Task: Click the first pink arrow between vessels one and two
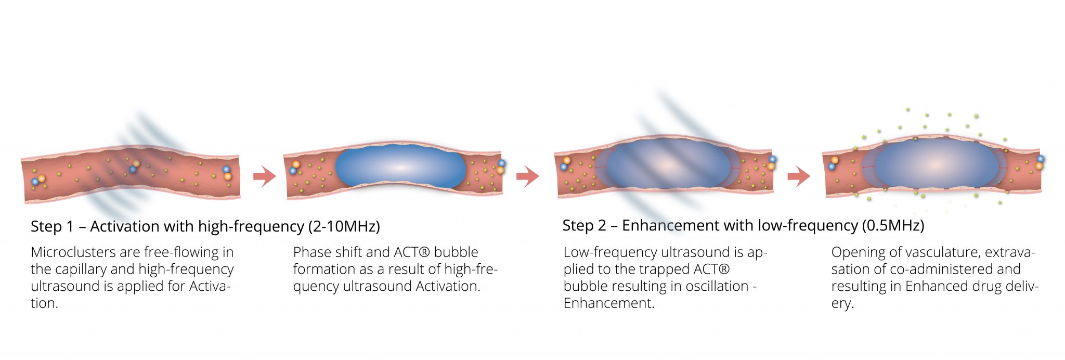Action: pos(264,176)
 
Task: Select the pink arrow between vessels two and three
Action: pos(527,176)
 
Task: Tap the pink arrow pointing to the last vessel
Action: pos(799,176)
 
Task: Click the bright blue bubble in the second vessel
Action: pos(400,167)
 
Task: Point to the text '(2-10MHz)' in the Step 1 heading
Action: pos(344,227)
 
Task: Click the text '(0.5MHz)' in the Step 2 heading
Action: pos(893,226)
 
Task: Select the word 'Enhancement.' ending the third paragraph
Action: pos(609,303)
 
